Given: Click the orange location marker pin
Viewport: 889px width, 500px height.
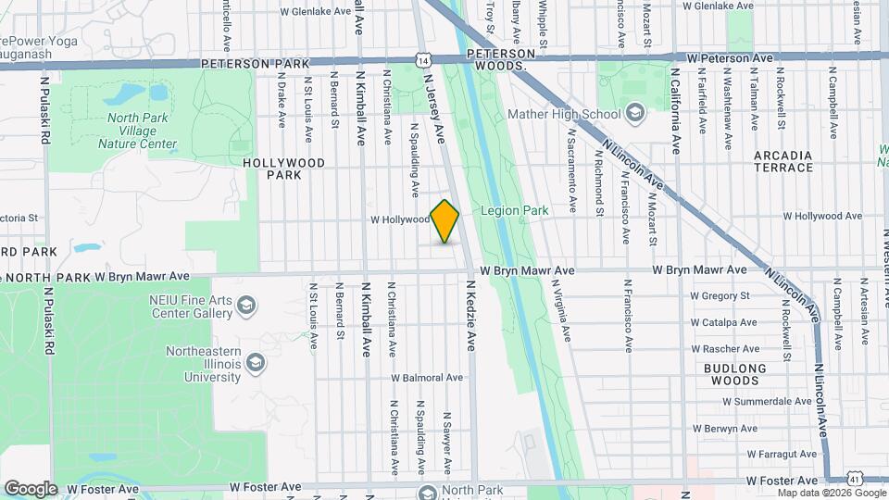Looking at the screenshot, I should click(445, 221).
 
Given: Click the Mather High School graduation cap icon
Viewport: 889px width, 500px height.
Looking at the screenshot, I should click(634, 115).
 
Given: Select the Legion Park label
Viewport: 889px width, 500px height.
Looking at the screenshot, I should click(515, 211).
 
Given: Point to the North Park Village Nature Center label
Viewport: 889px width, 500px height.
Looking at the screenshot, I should click(142, 131).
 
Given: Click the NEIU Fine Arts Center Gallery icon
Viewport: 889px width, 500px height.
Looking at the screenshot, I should click(246, 306).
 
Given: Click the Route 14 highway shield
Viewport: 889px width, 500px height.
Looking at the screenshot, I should click(423, 59).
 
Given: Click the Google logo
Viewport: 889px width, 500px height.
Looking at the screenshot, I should click(31, 488).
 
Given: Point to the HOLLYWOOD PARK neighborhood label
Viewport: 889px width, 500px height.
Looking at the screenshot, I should click(284, 168).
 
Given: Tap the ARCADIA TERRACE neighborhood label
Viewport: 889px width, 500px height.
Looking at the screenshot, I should click(783, 161).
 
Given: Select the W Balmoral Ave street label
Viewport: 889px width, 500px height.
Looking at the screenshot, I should click(426, 378).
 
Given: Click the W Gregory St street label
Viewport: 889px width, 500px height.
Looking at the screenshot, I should click(719, 296).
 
